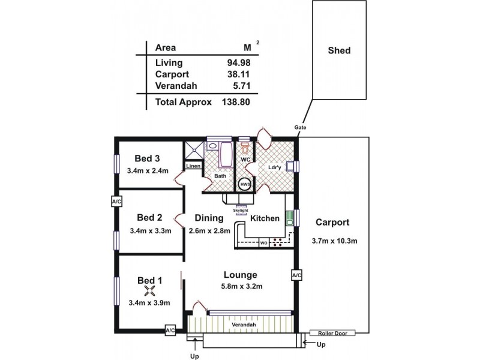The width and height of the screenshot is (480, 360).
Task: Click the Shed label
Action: tap(338, 50)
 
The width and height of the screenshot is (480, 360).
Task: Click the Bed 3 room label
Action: tap(146, 159)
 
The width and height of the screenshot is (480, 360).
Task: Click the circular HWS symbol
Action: tap(245, 185)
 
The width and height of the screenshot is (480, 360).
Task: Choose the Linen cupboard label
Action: tap(192, 166)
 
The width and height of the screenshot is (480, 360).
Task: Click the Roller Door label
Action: tap(332, 332)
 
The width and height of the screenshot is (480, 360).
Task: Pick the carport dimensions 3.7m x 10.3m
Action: tap(335, 241)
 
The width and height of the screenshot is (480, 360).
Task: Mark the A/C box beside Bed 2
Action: tap(116, 202)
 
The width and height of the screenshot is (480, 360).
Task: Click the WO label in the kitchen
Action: tap(263, 243)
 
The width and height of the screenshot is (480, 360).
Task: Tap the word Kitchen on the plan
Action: tap(265, 218)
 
